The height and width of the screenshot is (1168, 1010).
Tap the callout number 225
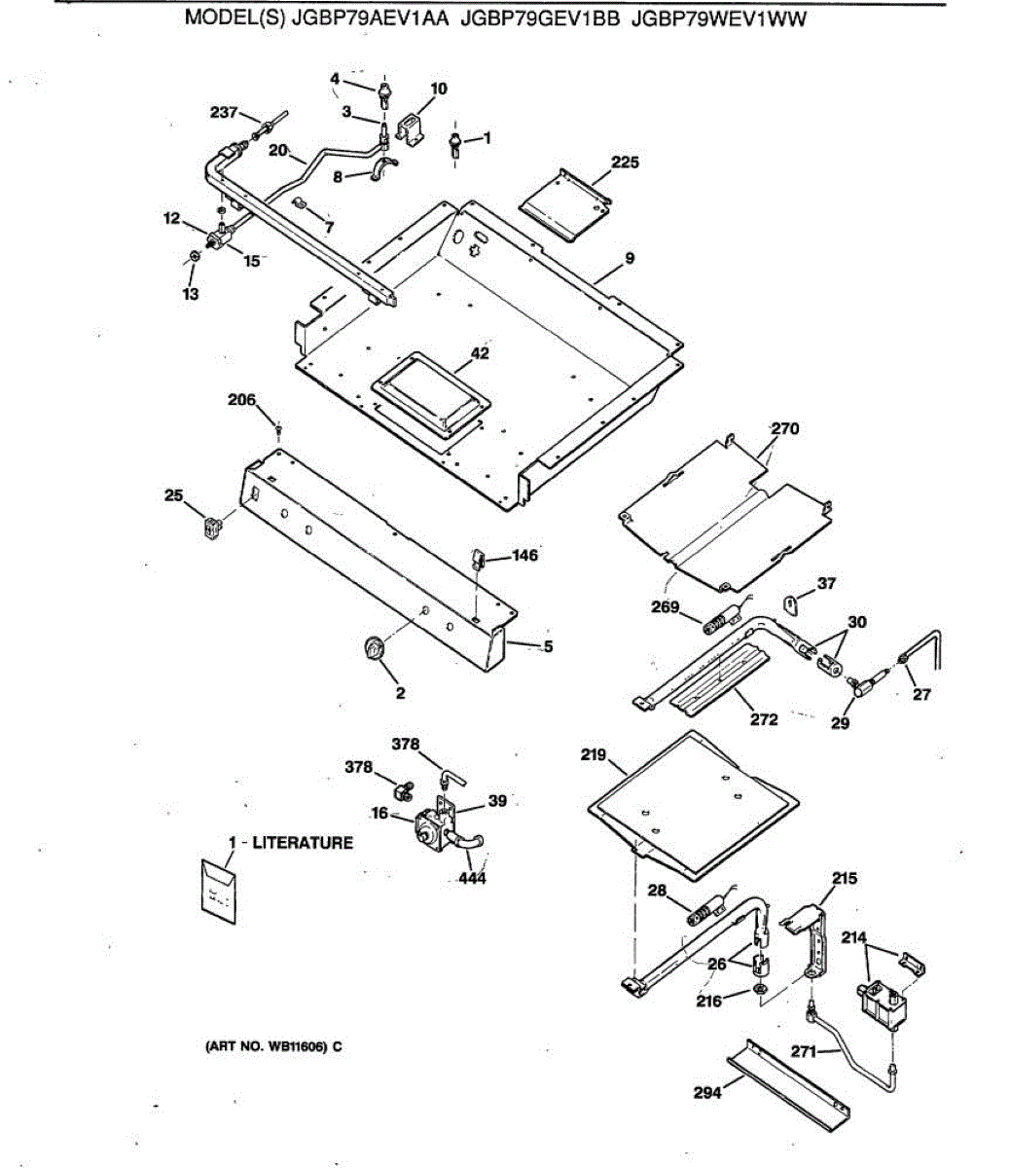point(625,163)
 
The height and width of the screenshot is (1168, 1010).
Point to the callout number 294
point(707,1093)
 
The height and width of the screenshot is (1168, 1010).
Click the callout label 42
point(480,353)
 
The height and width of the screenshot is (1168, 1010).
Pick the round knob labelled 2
point(374,648)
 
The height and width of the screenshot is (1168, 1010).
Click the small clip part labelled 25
point(210,527)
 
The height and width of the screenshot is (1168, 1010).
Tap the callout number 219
point(594,755)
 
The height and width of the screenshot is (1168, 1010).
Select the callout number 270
point(784,427)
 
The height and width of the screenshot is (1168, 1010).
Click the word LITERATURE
point(303,843)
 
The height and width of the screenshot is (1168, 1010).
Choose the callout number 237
point(225,113)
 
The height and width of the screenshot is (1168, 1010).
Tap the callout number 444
point(473,879)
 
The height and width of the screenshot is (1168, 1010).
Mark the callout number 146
point(523,556)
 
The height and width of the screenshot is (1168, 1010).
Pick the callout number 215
point(845,878)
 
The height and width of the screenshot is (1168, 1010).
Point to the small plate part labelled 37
point(792,604)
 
